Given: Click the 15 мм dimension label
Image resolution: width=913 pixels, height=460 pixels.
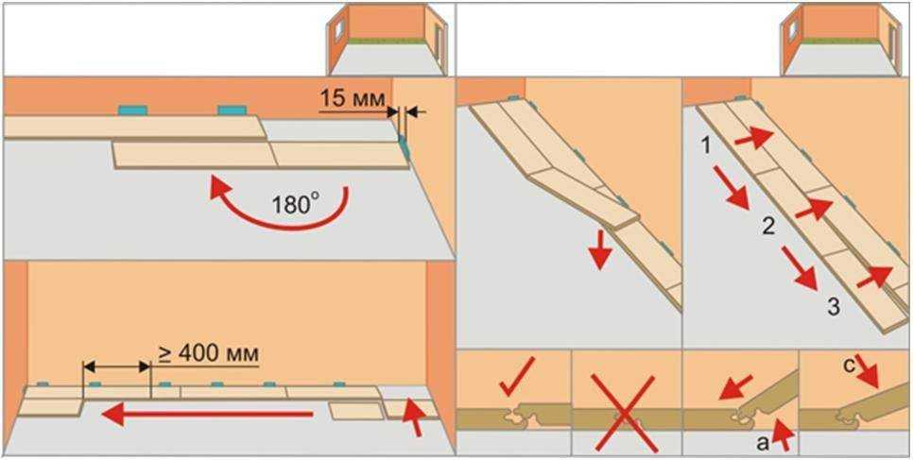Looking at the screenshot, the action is pyautogui.click(x=352, y=99).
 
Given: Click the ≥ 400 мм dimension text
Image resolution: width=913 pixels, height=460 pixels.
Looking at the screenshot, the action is pyautogui.click(x=209, y=354).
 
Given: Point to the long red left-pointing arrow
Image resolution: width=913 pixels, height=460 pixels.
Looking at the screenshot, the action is pyautogui.click(x=207, y=415).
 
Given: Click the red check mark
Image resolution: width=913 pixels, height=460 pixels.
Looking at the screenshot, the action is pyautogui.click(x=517, y=376).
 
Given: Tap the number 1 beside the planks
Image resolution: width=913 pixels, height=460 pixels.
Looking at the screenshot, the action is pyautogui.click(x=705, y=146).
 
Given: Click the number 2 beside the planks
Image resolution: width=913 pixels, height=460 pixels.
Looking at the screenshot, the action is pyautogui.click(x=768, y=227).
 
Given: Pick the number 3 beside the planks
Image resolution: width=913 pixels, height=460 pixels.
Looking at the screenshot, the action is pyautogui.click(x=834, y=307).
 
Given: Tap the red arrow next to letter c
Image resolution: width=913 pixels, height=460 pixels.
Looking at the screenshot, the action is pyautogui.click(x=869, y=373).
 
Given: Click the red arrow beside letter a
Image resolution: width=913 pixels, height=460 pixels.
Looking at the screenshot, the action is pyautogui.click(x=784, y=434).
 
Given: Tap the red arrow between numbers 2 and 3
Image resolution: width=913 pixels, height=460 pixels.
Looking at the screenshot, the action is pyautogui.click(x=799, y=268).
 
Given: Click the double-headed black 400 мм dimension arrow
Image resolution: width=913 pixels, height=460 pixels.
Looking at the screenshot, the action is pyautogui.click(x=117, y=366).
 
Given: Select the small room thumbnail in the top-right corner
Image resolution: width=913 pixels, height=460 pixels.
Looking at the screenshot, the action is pyautogui.click(x=841, y=39).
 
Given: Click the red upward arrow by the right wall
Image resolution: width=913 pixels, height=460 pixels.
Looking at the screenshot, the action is pyautogui.click(x=414, y=416).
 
